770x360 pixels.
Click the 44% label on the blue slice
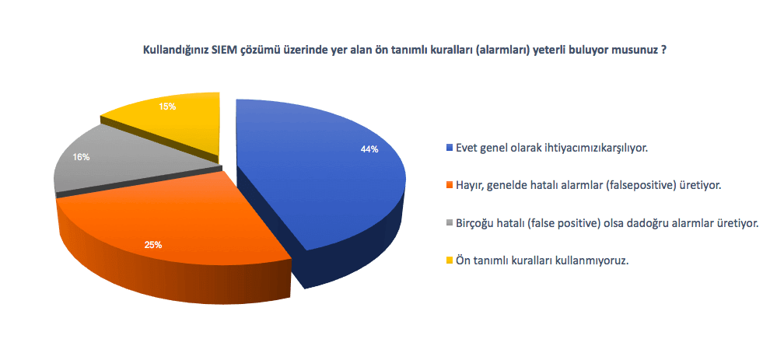369,150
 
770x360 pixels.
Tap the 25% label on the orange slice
152,245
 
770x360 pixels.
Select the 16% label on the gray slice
81,157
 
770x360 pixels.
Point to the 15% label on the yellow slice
167,106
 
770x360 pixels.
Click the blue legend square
450,147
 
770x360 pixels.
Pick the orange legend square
450,185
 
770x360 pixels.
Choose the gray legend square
450,223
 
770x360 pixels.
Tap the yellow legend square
450,261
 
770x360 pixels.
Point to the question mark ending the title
664,51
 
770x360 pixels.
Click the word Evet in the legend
465,147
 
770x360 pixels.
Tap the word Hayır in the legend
468,186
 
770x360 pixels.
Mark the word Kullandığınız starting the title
169,51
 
